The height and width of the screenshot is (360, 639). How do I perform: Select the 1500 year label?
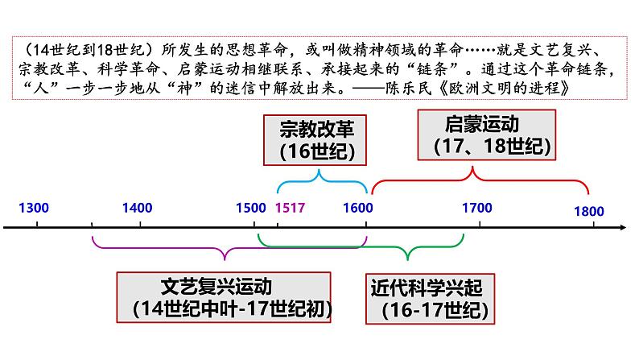pyautogui.click(x=249, y=208)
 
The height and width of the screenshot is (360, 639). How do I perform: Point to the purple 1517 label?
pyautogui.click(x=291, y=208)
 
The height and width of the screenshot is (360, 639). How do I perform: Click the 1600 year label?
pyautogui.click(x=357, y=208)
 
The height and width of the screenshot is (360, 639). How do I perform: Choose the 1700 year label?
pyautogui.click(x=477, y=208)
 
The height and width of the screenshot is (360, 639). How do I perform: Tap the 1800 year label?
pyautogui.click(x=589, y=211)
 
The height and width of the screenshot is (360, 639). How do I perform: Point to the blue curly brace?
pyautogui.click(x=322, y=181)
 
